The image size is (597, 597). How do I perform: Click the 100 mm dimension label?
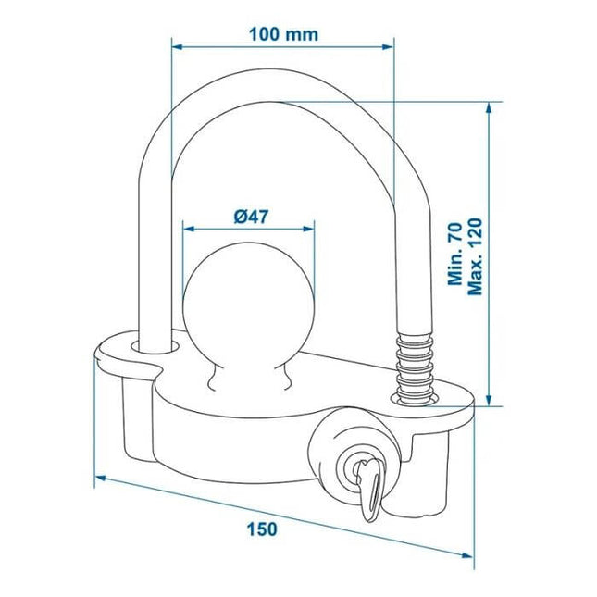point(283,34)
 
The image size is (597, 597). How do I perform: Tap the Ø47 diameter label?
point(251,217)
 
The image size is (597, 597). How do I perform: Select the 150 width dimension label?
point(262,529)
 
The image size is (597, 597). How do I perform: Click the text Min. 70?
point(454,255)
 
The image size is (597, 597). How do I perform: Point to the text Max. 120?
point(475,256)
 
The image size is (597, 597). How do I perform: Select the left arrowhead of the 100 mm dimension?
point(178,47)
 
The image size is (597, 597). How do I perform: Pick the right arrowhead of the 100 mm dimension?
point(388,47)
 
